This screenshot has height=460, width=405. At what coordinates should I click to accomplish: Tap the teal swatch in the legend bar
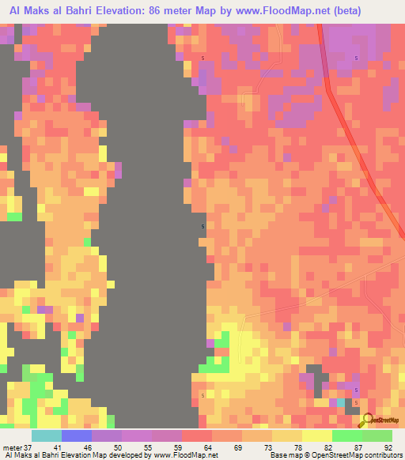(x=47, y=435)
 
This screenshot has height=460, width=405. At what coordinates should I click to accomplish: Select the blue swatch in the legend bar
(x=77, y=435)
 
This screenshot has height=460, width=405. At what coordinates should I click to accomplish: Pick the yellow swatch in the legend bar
(x=317, y=435)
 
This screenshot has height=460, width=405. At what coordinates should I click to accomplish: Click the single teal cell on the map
(x=341, y=402)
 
